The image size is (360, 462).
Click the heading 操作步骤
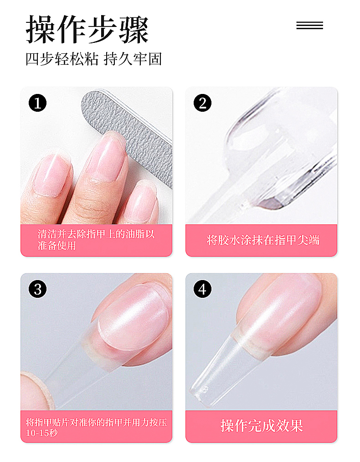[87, 30]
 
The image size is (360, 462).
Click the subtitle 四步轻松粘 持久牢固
[93, 59]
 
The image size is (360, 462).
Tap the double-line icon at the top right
[309, 26]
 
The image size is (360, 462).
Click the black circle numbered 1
[37, 103]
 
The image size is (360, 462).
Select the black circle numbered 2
[202, 103]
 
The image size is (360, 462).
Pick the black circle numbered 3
[37, 289]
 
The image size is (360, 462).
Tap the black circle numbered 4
[202, 289]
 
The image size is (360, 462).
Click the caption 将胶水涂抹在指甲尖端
[263, 240]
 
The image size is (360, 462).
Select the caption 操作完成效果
[262, 426]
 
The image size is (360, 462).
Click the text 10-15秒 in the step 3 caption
[42, 433]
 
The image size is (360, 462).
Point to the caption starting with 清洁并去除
[96, 239]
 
